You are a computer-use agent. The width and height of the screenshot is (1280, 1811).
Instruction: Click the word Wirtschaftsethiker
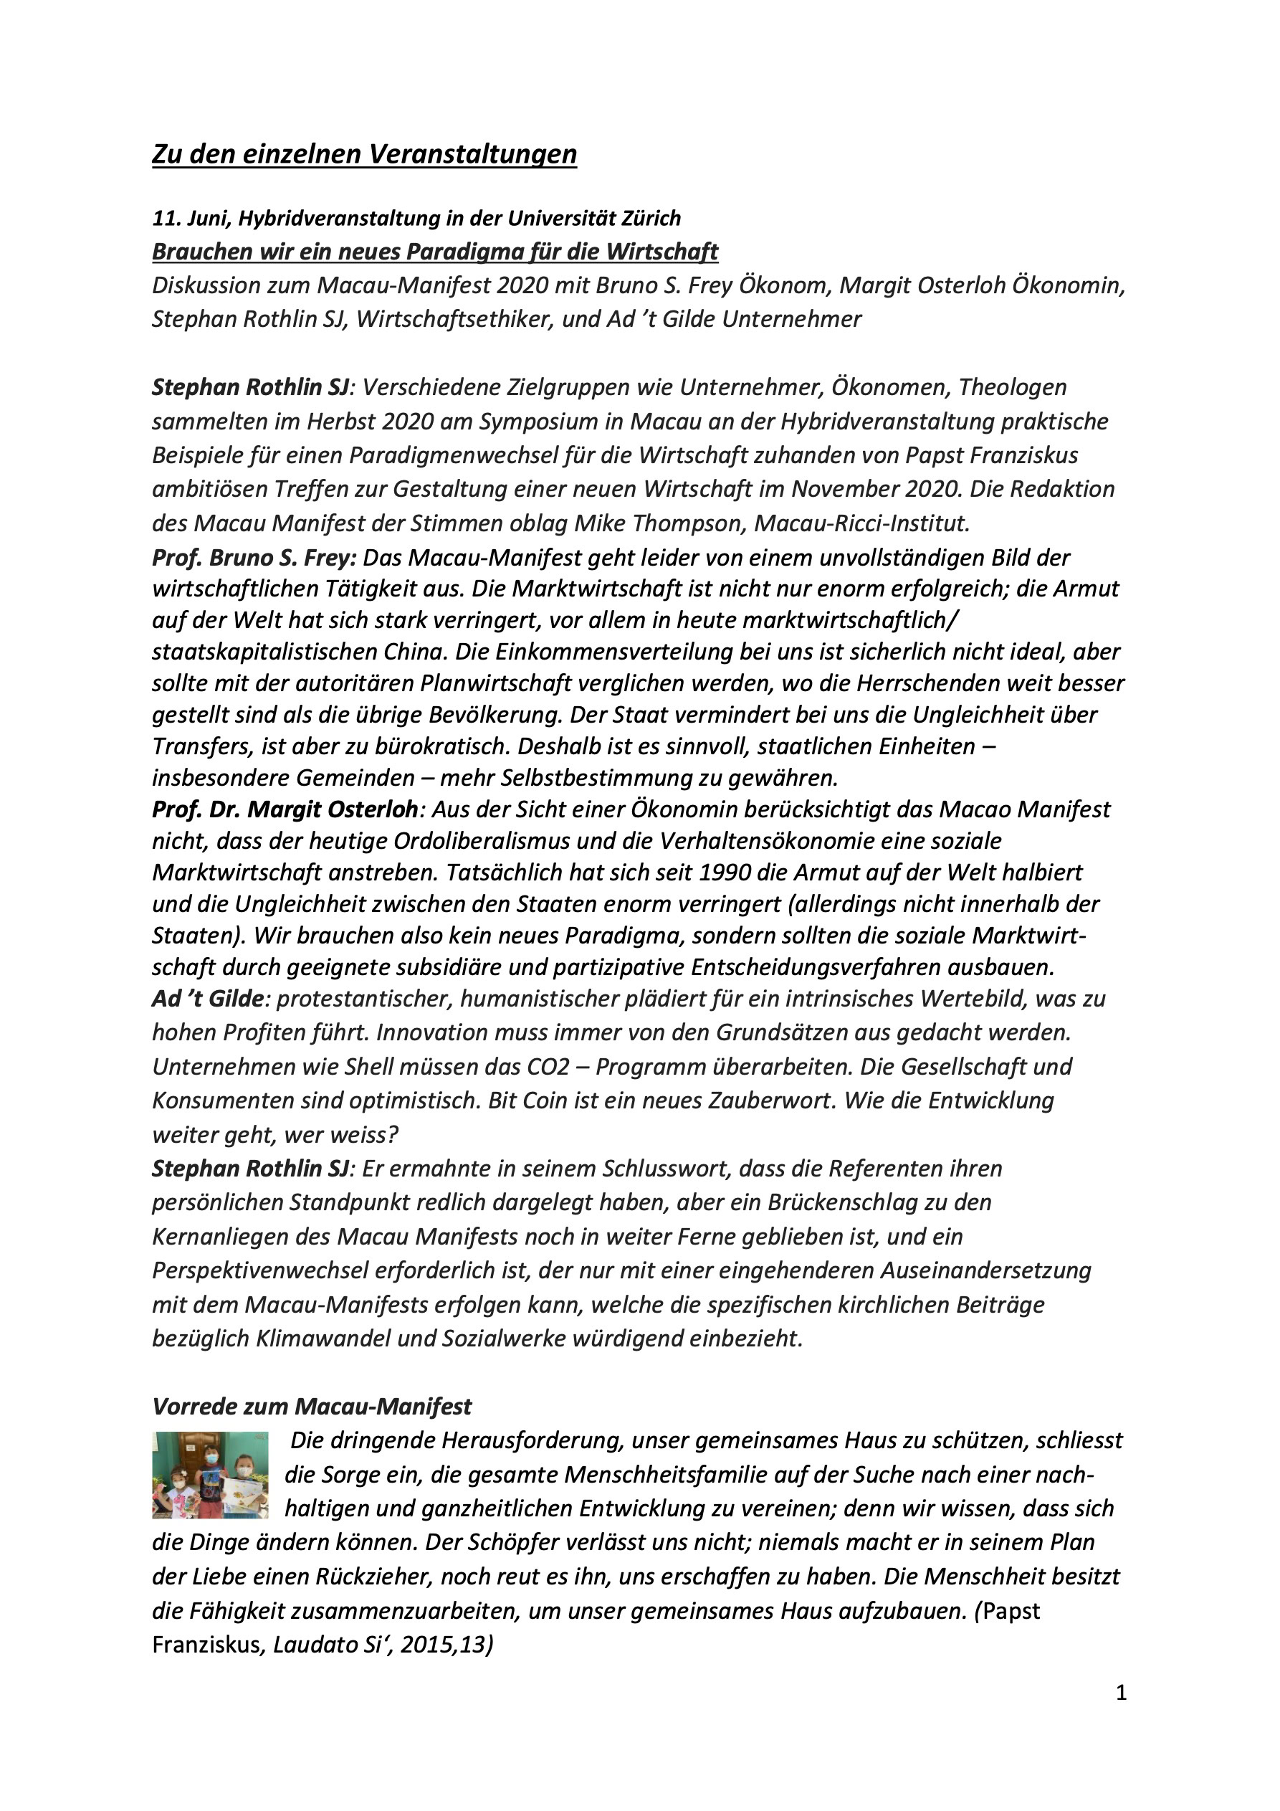456,320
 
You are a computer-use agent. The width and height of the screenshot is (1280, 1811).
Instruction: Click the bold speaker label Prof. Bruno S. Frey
254,558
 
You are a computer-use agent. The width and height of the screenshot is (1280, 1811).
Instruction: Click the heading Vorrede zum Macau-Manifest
312,1407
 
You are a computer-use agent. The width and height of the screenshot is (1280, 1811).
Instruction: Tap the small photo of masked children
210,1475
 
